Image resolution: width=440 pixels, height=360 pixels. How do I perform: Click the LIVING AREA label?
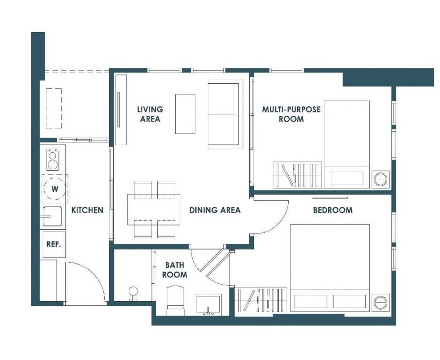(150, 114)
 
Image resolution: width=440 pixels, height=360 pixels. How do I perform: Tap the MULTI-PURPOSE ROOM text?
(291, 114)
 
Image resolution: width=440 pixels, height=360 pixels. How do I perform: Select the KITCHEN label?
(87, 210)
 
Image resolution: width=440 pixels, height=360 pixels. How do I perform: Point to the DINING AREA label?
(215, 210)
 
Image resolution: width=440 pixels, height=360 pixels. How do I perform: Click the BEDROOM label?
(333, 210)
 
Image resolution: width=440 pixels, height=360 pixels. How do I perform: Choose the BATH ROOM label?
(175, 270)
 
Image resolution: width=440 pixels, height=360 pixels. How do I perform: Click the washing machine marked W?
(55, 189)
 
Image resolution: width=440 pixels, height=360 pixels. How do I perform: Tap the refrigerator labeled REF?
(54, 244)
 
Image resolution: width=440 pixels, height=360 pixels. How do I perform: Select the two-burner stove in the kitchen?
(52, 159)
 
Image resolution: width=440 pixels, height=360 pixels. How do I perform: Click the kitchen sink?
(52, 217)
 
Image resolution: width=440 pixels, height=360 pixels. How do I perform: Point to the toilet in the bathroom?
(176, 301)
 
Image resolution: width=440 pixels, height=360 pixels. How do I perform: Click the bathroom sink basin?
(208, 305)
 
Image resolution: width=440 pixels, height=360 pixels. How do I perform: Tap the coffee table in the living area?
(185, 114)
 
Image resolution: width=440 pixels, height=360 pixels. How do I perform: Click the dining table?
(154, 210)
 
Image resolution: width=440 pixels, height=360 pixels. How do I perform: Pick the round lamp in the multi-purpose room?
(381, 179)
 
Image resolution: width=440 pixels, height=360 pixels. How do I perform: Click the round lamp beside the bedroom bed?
(381, 302)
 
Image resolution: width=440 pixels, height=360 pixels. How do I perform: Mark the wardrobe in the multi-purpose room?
(298, 175)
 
